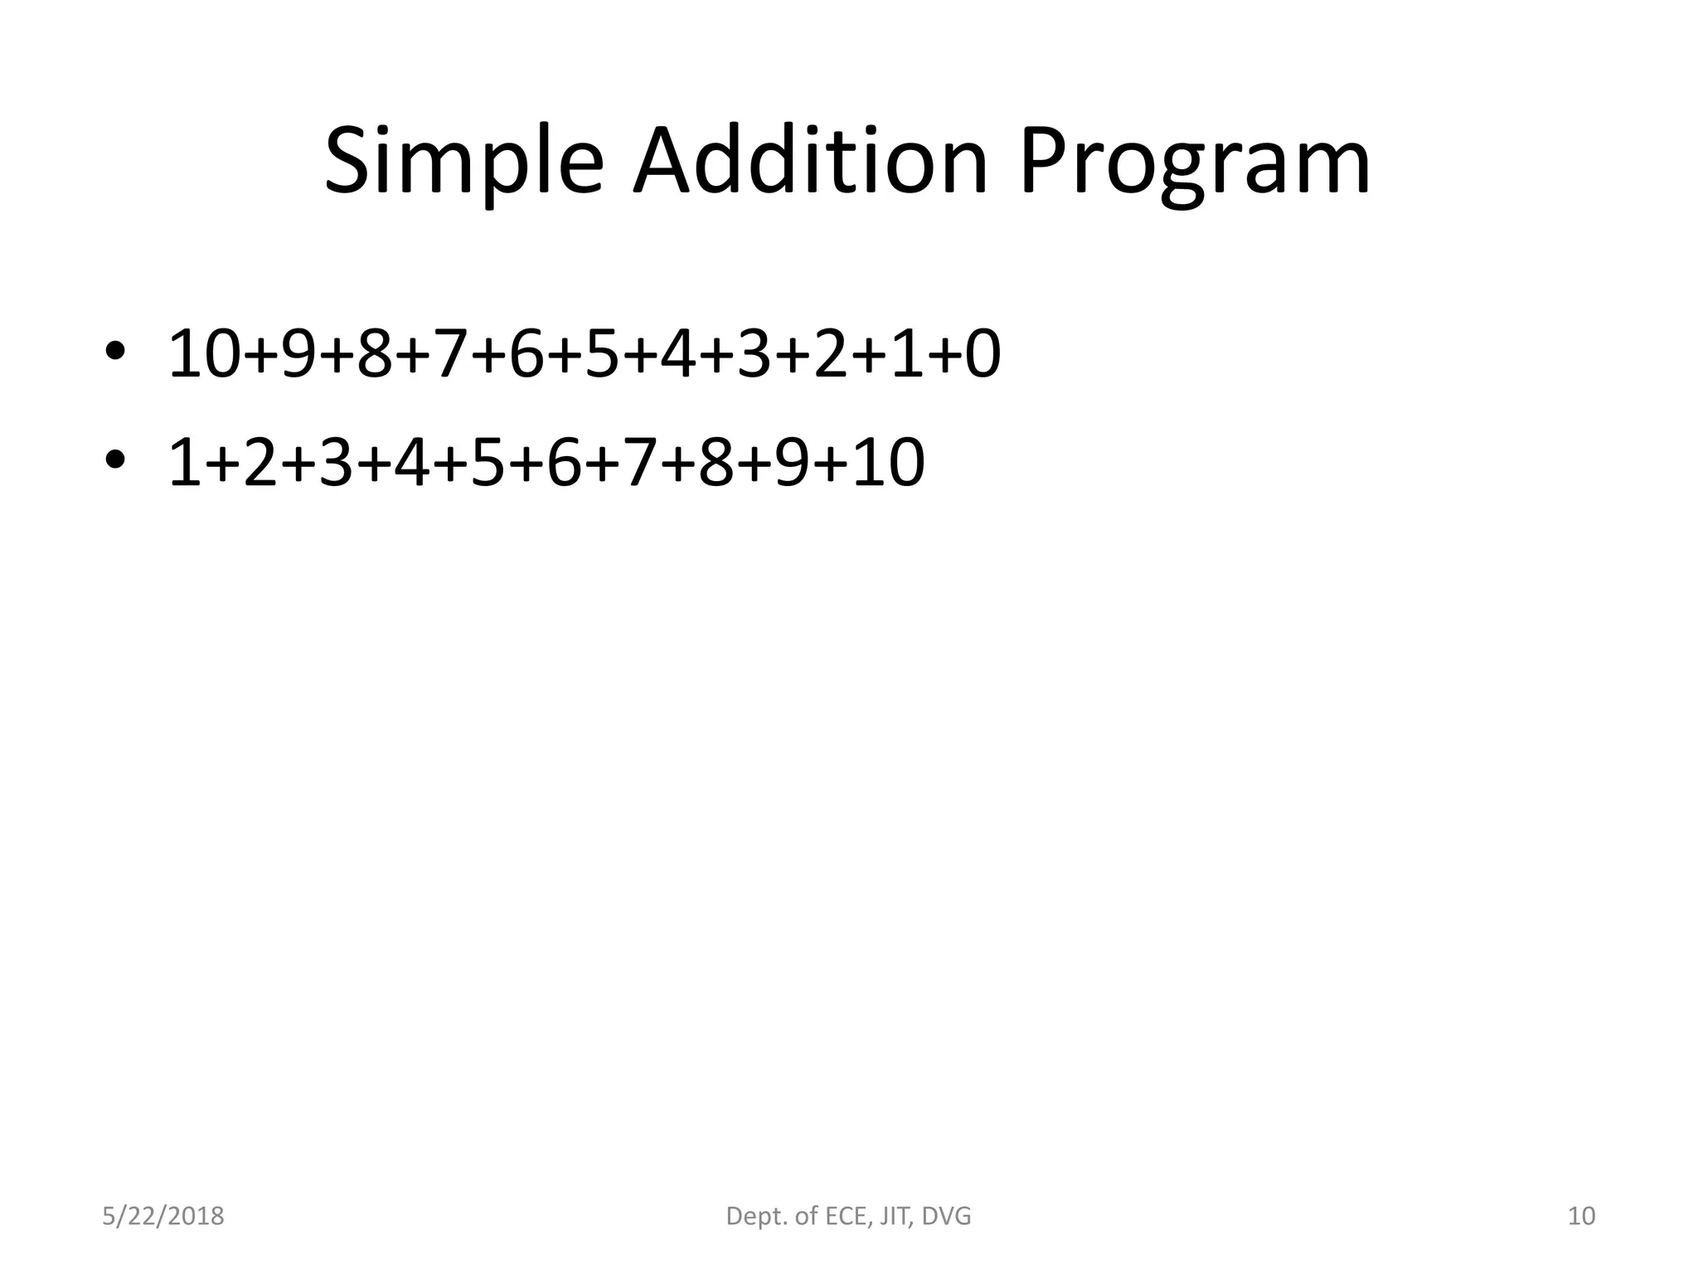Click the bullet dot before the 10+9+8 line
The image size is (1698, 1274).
[x=114, y=351]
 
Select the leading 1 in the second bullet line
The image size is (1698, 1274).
[x=183, y=463]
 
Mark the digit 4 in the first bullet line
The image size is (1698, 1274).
[x=679, y=354]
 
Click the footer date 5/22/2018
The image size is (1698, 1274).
[x=163, y=1216]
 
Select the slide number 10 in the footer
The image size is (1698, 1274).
[x=1582, y=1216]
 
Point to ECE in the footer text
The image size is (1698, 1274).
[x=843, y=1216]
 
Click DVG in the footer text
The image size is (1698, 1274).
[x=946, y=1216]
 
